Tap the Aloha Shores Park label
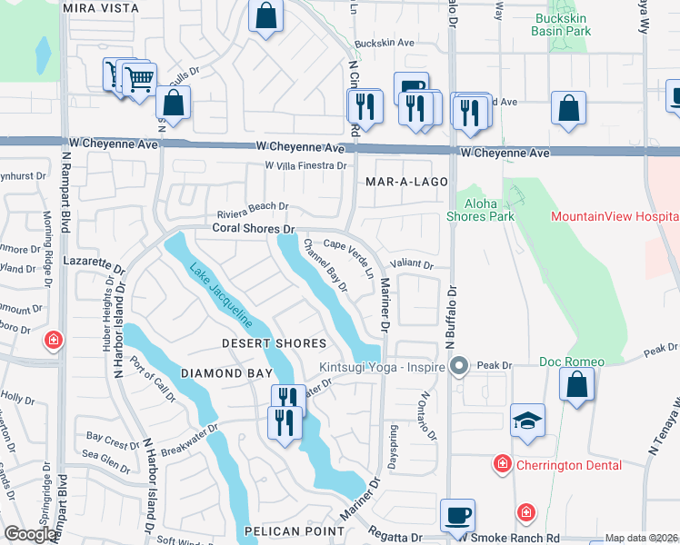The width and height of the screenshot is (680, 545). (x=480, y=210)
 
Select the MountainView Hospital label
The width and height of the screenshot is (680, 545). (x=615, y=217)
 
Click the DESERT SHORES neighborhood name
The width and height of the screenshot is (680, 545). (x=275, y=343)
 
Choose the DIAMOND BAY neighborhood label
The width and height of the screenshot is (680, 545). (x=226, y=373)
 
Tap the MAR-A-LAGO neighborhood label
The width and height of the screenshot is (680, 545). (x=406, y=182)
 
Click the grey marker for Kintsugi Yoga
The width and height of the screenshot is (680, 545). (x=459, y=367)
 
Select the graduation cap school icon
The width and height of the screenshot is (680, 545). (x=527, y=421)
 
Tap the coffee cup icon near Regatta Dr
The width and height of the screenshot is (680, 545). (x=457, y=516)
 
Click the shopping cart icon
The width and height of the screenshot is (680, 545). (x=138, y=80)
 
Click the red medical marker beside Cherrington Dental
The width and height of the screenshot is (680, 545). (x=501, y=465)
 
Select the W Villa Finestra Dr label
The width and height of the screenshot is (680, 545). (x=305, y=166)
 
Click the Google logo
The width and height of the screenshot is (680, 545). (x=30, y=534)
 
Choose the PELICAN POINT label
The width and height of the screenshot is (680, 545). (x=281, y=530)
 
